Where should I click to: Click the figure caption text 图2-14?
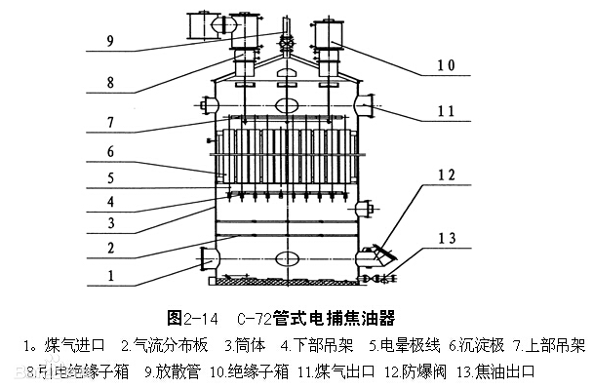[191, 318]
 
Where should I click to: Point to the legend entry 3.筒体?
[240, 345]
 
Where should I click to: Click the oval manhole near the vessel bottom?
[287, 259]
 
